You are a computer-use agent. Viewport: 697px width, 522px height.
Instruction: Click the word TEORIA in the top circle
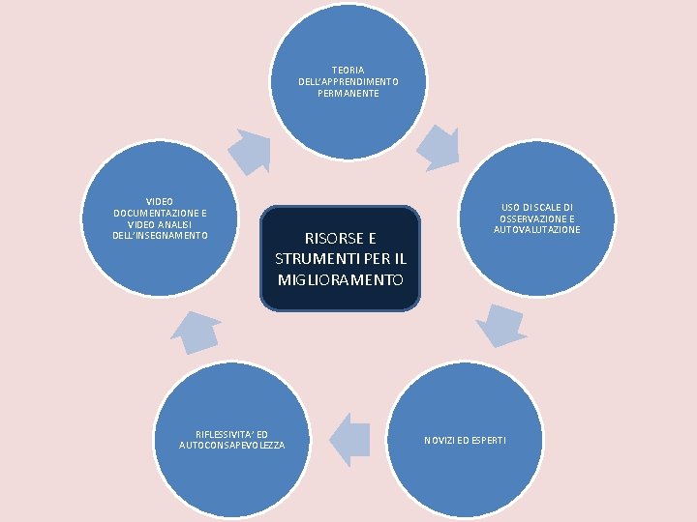point(348,71)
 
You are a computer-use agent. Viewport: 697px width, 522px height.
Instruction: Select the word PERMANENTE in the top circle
point(348,94)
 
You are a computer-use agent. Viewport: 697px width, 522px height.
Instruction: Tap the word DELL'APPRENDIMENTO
point(348,82)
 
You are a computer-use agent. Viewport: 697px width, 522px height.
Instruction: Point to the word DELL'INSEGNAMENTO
point(161,236)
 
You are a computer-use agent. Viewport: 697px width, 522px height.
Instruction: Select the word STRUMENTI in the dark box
point(315,259)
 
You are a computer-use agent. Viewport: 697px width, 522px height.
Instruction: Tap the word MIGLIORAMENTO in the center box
point(341,279)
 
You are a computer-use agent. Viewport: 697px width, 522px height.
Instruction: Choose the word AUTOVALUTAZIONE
point(537,230)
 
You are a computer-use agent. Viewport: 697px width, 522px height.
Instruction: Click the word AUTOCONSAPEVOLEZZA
point(232,445)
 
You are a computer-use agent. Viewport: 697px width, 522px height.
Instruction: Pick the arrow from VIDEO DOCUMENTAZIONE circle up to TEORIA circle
point(249,150)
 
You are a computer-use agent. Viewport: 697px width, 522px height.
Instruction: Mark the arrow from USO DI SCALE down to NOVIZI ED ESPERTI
point(501,326)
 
